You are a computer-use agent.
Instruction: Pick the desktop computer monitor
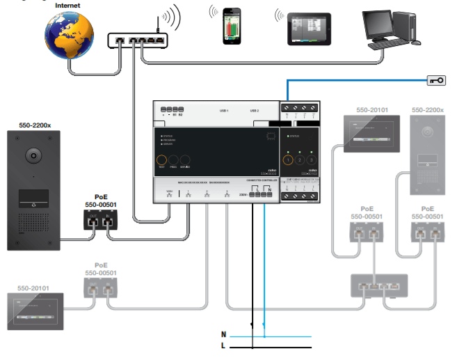[x=385, y=26]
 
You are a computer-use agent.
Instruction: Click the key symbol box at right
[x=435, y=81]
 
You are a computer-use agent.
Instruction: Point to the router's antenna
[x=158, y=24]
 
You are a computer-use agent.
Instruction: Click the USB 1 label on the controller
[x=224, y=111]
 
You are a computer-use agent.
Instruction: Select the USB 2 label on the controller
[x=254, y=111]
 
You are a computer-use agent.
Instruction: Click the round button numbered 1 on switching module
[x=289, y=160]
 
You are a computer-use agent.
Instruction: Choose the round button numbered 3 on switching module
[x=312, y=160]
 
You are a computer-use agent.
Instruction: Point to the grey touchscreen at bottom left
[x=38, y=311]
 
